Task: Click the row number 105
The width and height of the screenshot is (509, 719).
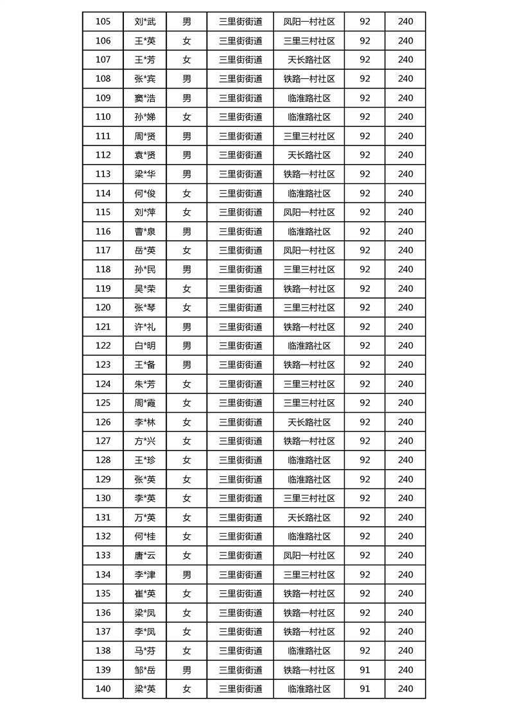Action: pyautogui.click(x=103, y=21)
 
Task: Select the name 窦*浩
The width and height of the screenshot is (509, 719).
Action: pyautogui.click(x=145, y=98)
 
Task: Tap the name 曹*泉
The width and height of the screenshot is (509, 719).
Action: pyautogui.click(x=145, y=231)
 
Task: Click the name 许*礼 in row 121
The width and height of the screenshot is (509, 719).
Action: pyautogui.click(x=145, y=327)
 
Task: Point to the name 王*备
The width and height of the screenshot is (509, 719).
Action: pyautogui.click(x=145, y=365)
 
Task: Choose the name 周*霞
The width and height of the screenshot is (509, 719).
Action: pyautogui.click(x=145, y=403)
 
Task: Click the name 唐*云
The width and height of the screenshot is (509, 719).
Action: pyautogui.click(x=145, y=556)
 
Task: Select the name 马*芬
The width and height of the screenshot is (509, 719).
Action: pyautogui.click(x=145, y=650)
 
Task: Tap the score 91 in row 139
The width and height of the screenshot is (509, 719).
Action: pyautogui.click(x=365, y=670)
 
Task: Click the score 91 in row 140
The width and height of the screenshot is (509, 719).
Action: pyautogui.click(x=365, y=689)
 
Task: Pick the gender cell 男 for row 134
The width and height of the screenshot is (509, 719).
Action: pyautogui.click(x=187, y=575)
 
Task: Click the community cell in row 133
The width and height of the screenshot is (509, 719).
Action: pyautogui.click(x=309, y=556)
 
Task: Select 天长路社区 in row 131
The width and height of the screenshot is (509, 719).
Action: pyautogui.click(x=309, y=517)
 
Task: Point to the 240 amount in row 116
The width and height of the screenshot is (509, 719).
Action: pyautogui.click(x=406, y=231)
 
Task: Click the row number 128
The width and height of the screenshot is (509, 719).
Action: pyautogui.click(x=103, y=460)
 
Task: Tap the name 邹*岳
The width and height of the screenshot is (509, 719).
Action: pyautogui.click(x=145, y=670)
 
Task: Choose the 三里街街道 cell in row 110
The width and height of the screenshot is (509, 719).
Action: pyautogui.click(x=241, y=117)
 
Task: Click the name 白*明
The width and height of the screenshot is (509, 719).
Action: pyautogui.click(x=145, y=346)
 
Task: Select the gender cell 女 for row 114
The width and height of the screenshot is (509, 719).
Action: pyautogui.click(x=187, y=194)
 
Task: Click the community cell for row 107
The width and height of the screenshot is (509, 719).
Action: pyautogui.click(x=309, y=60)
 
